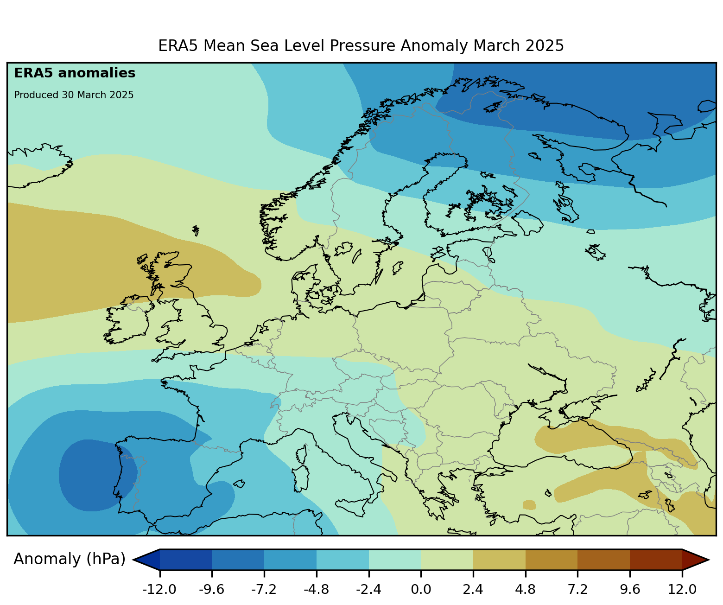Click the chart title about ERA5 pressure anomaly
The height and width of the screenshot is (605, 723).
click(361, 46)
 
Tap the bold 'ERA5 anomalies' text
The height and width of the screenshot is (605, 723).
click(75, 73)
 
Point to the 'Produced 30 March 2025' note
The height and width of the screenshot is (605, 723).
click(74, 95)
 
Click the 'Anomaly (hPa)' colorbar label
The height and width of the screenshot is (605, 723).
click(70, 559)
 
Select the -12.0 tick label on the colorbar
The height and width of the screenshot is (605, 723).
click(159, 590)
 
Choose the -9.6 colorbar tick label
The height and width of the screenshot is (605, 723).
click(211, 590)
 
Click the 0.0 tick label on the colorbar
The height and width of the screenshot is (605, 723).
click(421, 590)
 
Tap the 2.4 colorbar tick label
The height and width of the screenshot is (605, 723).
click(473, 590)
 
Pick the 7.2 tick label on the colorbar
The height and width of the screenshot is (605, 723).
click(577, 590)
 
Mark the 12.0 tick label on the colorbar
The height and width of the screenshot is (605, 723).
click(682, 590)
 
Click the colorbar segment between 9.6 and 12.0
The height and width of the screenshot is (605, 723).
click(656, 560)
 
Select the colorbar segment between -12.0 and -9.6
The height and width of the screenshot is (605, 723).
click(186, 560)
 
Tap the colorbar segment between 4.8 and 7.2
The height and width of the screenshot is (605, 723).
click(552, 560)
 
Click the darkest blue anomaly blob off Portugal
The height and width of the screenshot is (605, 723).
click(95, 475)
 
